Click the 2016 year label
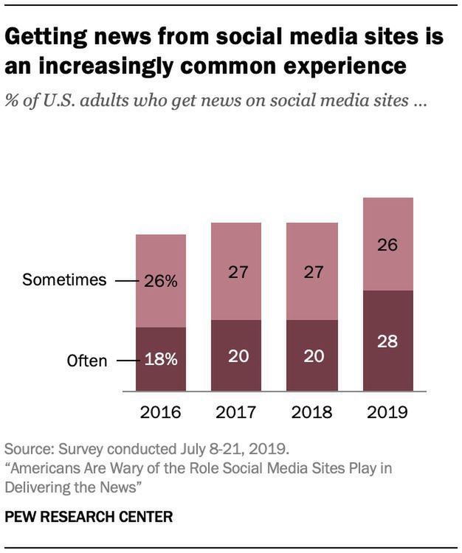[160, 411]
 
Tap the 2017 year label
[236, 411]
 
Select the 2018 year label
[311, 411]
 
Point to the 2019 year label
[387, 411]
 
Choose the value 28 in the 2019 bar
[387, 341]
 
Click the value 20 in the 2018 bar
[311, 356]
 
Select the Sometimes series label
[65, 281]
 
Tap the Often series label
[86, 361]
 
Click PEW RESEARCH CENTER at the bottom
[89, 517]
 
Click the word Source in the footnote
[27, 448]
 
